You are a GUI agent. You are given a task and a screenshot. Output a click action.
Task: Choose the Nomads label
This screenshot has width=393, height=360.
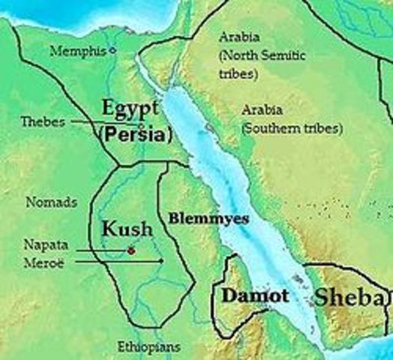[x=51, y=202]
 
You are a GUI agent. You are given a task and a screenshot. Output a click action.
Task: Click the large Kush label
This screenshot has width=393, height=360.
[x=127, y=229]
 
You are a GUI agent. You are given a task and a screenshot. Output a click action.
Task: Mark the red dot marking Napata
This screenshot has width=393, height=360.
[x=131, y=251]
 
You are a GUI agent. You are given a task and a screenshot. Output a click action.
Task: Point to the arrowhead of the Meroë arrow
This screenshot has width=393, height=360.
[x=163, y=261]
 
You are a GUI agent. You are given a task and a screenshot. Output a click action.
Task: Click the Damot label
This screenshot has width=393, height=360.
[x=254, y=296]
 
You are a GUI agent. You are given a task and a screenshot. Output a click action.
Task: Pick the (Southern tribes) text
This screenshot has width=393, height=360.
[x=292, y=127]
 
